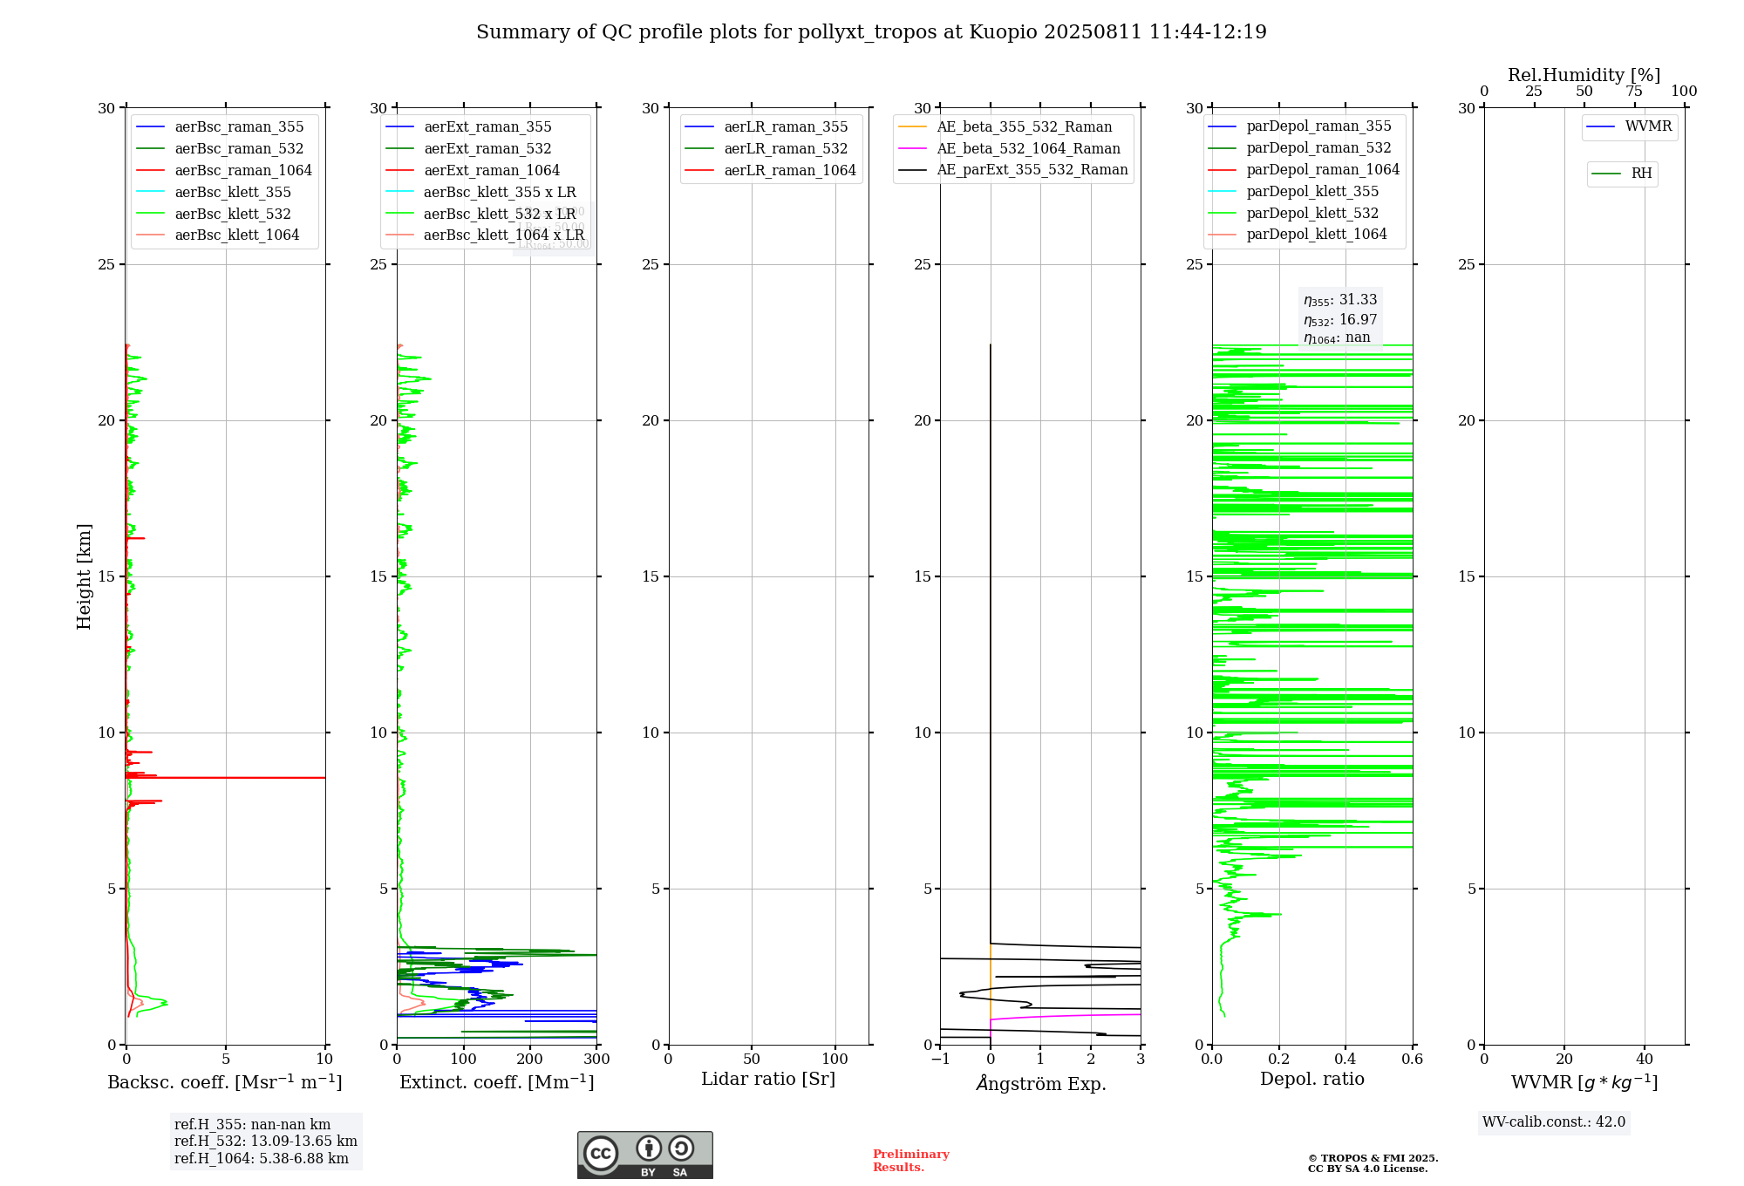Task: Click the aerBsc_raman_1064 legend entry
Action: click(x=242, y=170)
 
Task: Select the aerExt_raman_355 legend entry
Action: click(x=487, y=127)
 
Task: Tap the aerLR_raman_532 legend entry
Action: click(x=785, y=149)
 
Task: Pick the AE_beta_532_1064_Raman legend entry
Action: click(x=1028, y=149)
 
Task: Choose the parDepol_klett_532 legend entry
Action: click(x=1312, y=214)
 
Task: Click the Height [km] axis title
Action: click(x=84, y=576)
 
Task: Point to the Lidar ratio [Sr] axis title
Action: click(x=768, y=1080)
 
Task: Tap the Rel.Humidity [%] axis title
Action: click(x=1584, y=75)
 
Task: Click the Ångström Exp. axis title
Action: click(x=1040, y=1084)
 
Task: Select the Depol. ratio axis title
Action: click(x=1311, y=1080)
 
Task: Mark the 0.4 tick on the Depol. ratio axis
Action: click(x=1345, y=1060)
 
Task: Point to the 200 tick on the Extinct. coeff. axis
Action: click(x=530, y=1060)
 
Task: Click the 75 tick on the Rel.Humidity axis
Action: click(x=1634, y=92)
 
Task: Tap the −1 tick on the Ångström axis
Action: click(x=940, y=1060)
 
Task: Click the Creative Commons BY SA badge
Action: click(x=644, y=1155)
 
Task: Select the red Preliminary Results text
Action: click(x=910, y=1161)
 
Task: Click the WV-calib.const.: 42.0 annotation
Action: click(x=1554, y=1122)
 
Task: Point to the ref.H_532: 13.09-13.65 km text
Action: click(x=265, y=1142)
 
